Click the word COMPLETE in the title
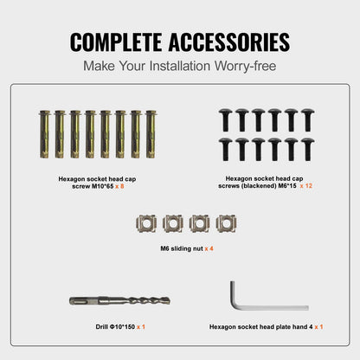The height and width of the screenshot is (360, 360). pyautogui.click(x=116, y=42)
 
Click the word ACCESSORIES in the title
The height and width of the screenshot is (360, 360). pyautogui.click(x=229, y=42)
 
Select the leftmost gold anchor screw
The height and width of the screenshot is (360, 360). pyautogui.click(x=44, y=134)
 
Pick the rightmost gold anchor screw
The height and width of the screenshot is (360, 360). pyautogui.click(x=151, y=134)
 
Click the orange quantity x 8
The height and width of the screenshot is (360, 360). pyautogui.click(x=119, y=186)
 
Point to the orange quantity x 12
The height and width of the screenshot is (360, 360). pyautogui.click(x=306, y=186)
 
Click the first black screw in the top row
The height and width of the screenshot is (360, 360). pyautogui.click(x=225, y=120)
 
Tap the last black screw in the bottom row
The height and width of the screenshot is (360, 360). pyautogui.click(x=307, y=150)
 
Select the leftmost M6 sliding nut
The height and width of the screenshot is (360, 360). pyautogui.click(x=146, y=223)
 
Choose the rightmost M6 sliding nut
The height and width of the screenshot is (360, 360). pyautogui.click(x=226, y=223)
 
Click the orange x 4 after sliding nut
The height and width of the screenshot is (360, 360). pyautogui.click(x=209, y=248)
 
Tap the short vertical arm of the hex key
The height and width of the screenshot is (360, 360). pyautogui.click(x=233, y=292)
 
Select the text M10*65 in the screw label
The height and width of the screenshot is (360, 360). pyautogui.click(x=103, y=186)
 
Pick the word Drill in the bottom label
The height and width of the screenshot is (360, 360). pyautogui.click(x=102, y=327)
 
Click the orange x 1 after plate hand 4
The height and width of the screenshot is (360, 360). pyautogui.click(x=318, y=327)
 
